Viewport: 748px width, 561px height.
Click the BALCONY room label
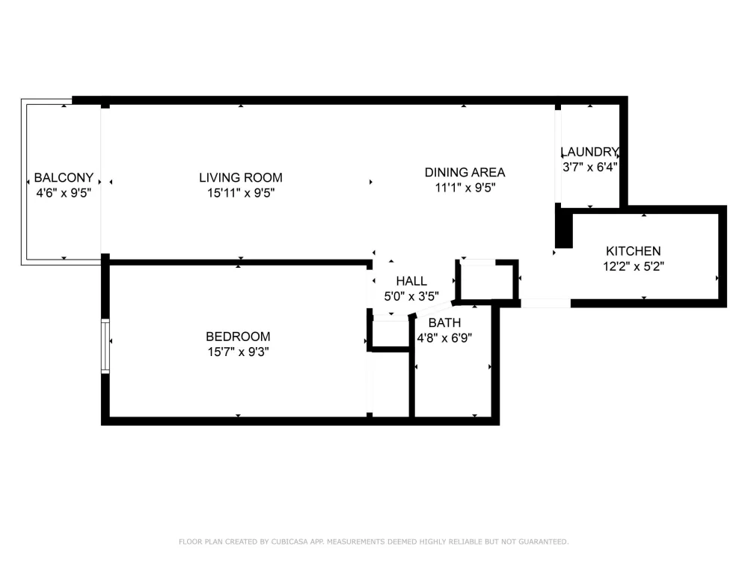pyautogui.click(x=64, y=177)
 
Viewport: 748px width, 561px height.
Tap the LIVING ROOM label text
pyautogui.click(x=240, y=177)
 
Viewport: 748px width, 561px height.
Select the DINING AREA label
pyautogui.click(x=465, y=172)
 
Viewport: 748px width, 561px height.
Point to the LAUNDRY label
pyautogui.click(x=589, y=152)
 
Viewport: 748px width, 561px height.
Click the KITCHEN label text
pyautogui.click(x=633, y=251)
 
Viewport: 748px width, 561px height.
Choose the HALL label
pyautogui.click(x=411, y=281)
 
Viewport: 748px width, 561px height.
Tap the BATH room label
pyautogui.click(x=444, y=323)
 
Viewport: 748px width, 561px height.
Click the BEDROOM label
pyautogui.click(x=238, y=337)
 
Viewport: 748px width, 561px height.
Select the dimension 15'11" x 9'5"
pyautogui.click(x=240, y=193)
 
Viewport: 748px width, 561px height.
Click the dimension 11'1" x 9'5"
pyautogui.click(x=465, y=188)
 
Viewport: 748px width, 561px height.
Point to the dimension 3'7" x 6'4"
pyautogui.click(x=589, y=167)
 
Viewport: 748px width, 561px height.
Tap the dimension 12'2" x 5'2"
pyautogui.click(x=633, y=266)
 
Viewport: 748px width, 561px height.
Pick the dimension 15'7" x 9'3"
pyautogui.click(x=238, y=352)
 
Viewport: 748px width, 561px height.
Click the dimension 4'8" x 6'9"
pyautogui.click(x=444, y=338)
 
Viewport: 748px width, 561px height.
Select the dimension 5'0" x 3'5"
pyautogui.click(x=411, y=296)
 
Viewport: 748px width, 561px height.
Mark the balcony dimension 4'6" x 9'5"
pyautogui.click(x=64, y=193)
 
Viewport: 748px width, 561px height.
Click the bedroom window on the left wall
pyautogui.click(x=105, y=346)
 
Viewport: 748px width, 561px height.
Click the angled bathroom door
pyautogui.click(x=432, y=309)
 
